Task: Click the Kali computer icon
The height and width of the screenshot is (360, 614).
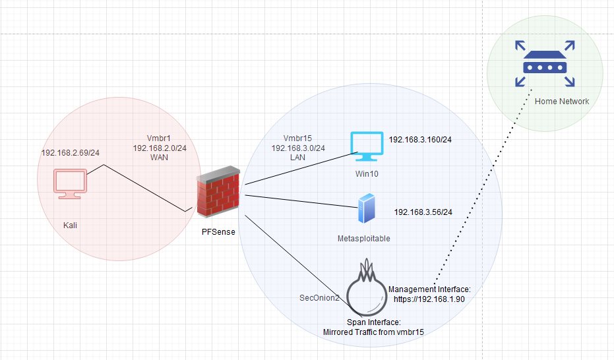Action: pos(70,184)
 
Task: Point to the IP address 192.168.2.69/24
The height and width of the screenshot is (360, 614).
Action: pos(70,152)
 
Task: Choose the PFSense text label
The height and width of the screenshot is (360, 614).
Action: pos(218,232)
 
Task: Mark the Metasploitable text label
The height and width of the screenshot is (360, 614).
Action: pos(363,238)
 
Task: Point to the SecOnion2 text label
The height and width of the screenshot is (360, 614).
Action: pos(319,298)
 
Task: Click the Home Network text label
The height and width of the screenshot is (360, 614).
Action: pos(562,101)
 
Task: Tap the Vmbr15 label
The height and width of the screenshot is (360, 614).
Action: pos(297,138)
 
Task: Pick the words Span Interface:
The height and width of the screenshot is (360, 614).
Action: pos(373,322)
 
